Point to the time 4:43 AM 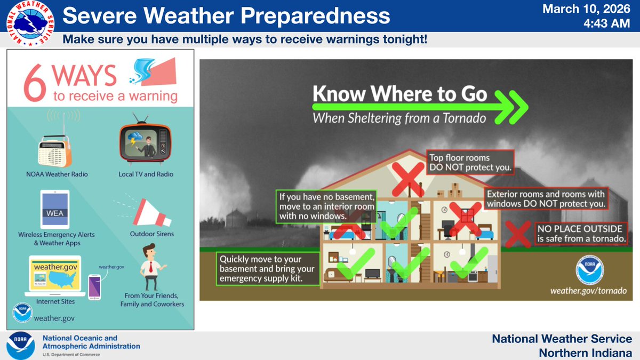(608, 25)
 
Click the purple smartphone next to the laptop (94, 286)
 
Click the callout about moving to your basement (268, 269)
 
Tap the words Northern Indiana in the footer (585, 353)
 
